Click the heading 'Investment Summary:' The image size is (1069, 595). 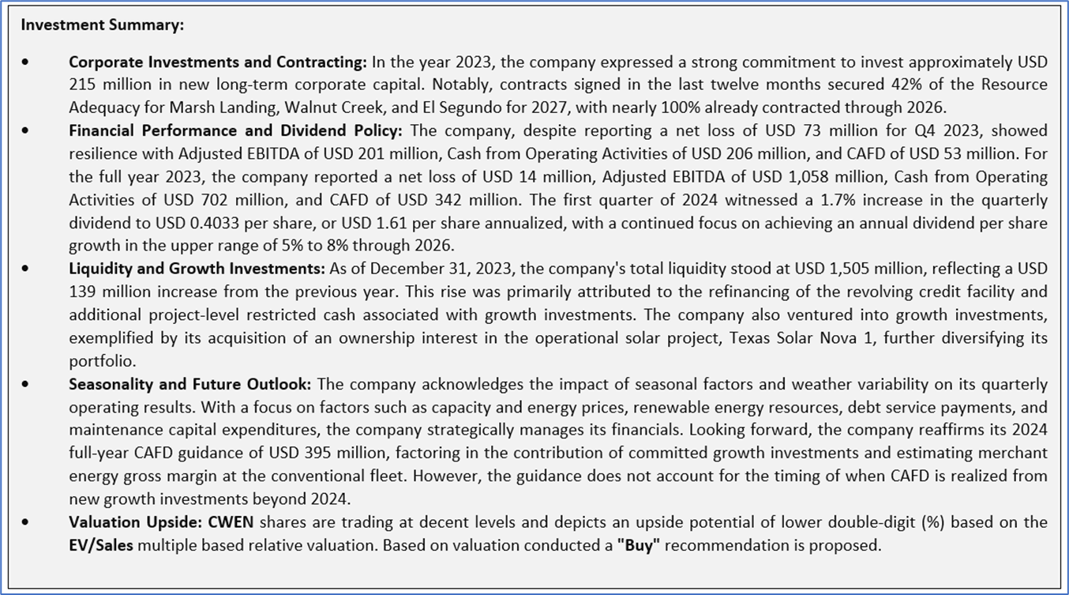102,25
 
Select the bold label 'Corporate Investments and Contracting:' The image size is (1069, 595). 218,62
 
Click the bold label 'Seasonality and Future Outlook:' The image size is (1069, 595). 190,384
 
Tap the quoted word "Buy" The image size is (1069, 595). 639,545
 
